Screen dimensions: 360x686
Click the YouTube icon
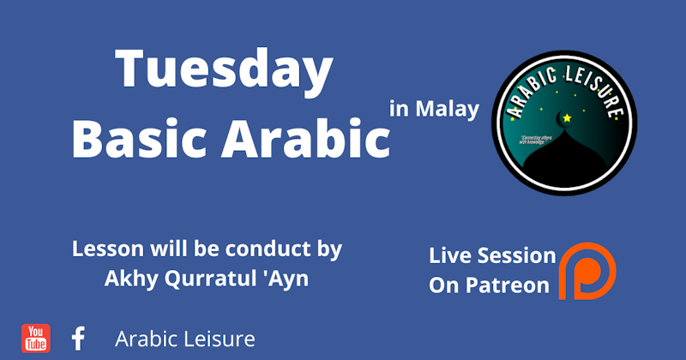click(36, 338)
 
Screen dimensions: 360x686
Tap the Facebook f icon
click(78, 338)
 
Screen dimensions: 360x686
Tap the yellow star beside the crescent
click(567, 118)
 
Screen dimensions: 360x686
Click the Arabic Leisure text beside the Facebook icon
click(185, 339)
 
